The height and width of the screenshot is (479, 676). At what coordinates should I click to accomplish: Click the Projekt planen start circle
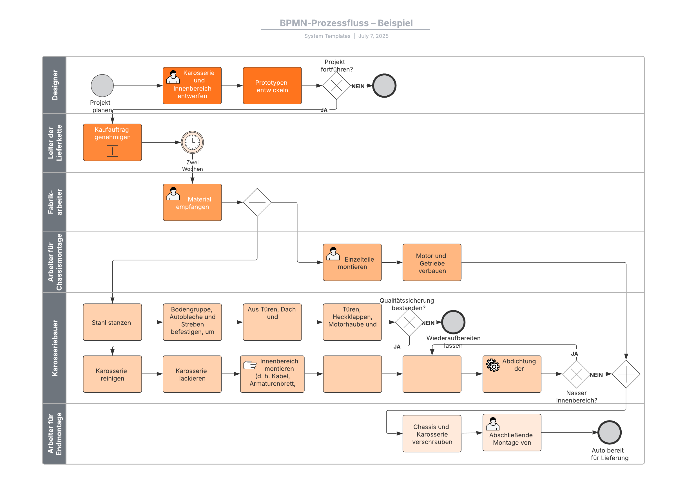(102, 86)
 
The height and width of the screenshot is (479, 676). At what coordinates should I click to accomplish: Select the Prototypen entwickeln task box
(272, 86)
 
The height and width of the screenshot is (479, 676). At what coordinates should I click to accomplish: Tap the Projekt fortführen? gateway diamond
(336, 86)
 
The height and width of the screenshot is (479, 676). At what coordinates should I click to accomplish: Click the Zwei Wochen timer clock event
(192, 142)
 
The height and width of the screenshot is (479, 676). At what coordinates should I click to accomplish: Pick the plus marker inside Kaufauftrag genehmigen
(112, 151)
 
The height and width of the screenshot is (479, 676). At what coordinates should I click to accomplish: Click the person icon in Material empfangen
(173, 194)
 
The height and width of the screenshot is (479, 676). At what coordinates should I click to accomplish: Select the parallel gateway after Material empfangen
(257, 202)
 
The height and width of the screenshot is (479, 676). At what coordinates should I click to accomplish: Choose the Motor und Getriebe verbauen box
(432, 262)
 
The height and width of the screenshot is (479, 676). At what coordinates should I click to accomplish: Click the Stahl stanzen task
(112, 322)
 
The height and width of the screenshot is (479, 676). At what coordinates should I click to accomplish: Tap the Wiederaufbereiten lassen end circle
(453, 322)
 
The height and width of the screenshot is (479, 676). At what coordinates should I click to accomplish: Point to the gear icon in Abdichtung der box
(492, 365)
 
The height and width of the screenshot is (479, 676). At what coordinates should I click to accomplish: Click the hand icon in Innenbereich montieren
(250, 365)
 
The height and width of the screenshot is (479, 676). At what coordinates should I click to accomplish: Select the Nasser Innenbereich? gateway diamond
(576, 374)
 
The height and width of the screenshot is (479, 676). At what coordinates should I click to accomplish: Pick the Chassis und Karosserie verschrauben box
(432, 434)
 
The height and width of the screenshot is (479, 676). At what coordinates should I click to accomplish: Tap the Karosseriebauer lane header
(54, 348)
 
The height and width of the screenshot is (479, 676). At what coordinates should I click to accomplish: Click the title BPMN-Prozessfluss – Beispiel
(346, 23)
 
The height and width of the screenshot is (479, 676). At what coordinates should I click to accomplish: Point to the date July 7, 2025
(373, 36)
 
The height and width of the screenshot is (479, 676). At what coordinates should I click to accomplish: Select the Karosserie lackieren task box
(192, 374)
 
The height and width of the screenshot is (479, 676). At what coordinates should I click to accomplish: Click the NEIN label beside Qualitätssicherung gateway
(429, 323)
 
